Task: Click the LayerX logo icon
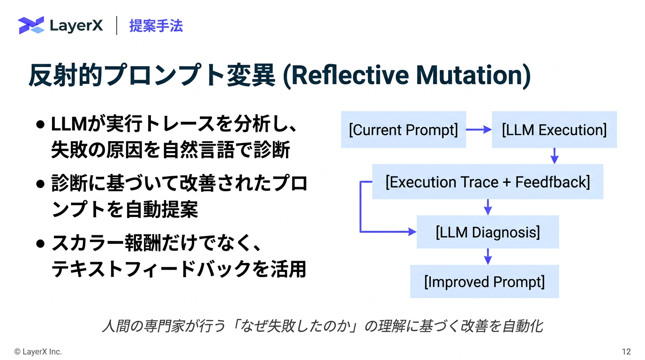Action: click(x=31, y=25)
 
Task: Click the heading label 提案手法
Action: click(x=156, y=26)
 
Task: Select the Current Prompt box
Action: click(x=403, y=130)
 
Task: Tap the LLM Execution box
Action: click(x=554, y=130)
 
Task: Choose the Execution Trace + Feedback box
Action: click(x=487, y=182)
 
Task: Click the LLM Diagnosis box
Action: click(x=487, y=232)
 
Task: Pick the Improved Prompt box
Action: click(x=484, y=282)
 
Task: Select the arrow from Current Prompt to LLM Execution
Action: click(x=479, y=130)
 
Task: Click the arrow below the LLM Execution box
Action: click(x=555, y=156)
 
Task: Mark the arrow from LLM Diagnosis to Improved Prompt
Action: click(x=487, y=256)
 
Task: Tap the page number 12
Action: click(x=626, y=352)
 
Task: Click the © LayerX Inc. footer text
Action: click(x=38, y=352)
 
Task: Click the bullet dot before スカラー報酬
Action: click(x=40, y=244)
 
